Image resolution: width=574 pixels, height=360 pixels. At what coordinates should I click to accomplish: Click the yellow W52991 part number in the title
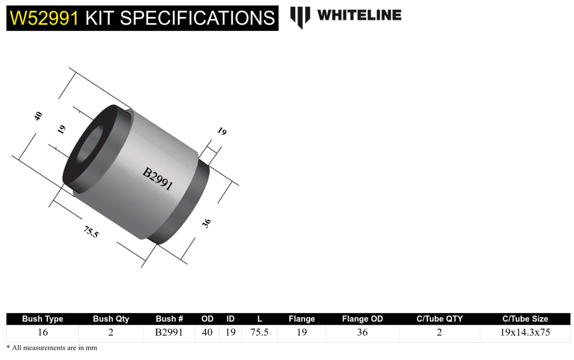(44, 18)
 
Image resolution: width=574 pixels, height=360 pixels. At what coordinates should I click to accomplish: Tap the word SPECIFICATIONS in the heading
(197, 18)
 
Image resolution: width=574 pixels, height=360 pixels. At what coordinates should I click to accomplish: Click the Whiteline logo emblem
(300, 18)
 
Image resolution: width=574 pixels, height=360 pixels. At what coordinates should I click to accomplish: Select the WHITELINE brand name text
(359, 15)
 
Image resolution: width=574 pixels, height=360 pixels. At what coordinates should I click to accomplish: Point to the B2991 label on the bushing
(158, 179)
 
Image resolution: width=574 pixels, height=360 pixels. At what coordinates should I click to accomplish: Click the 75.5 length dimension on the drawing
(91, 232)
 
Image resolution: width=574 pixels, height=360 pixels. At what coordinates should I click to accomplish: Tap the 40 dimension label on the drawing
(38, 116)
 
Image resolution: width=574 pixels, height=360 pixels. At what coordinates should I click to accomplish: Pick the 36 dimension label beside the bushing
(206, 223)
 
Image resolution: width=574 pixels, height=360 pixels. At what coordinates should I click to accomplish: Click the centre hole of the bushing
(90, 145)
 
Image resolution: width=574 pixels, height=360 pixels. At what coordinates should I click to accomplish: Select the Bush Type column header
(42, 319)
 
